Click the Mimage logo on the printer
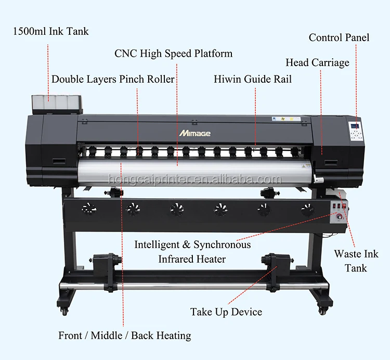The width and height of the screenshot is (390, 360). click(x=196, y=133)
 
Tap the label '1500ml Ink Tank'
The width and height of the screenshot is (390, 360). click(x=51, y=32)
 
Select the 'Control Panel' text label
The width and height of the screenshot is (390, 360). click(x=339, y=37)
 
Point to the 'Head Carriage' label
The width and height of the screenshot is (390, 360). click(x=317, y=63)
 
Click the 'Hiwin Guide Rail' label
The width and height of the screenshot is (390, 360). click(x=253, y=80)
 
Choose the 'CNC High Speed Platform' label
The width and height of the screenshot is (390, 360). click(x=174, y=54)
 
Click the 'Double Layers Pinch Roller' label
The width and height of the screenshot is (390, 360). click(x=113, y=80)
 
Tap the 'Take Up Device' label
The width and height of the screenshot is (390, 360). click(x=226, y=312)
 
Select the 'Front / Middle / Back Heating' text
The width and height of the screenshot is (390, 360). click(x=124, y=336)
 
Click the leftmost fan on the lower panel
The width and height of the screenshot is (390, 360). click(x=86, y=209)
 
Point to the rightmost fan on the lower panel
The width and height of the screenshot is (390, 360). click(x=307, y=209)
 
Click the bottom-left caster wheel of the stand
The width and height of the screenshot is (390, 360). click(x=64, y=311)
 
